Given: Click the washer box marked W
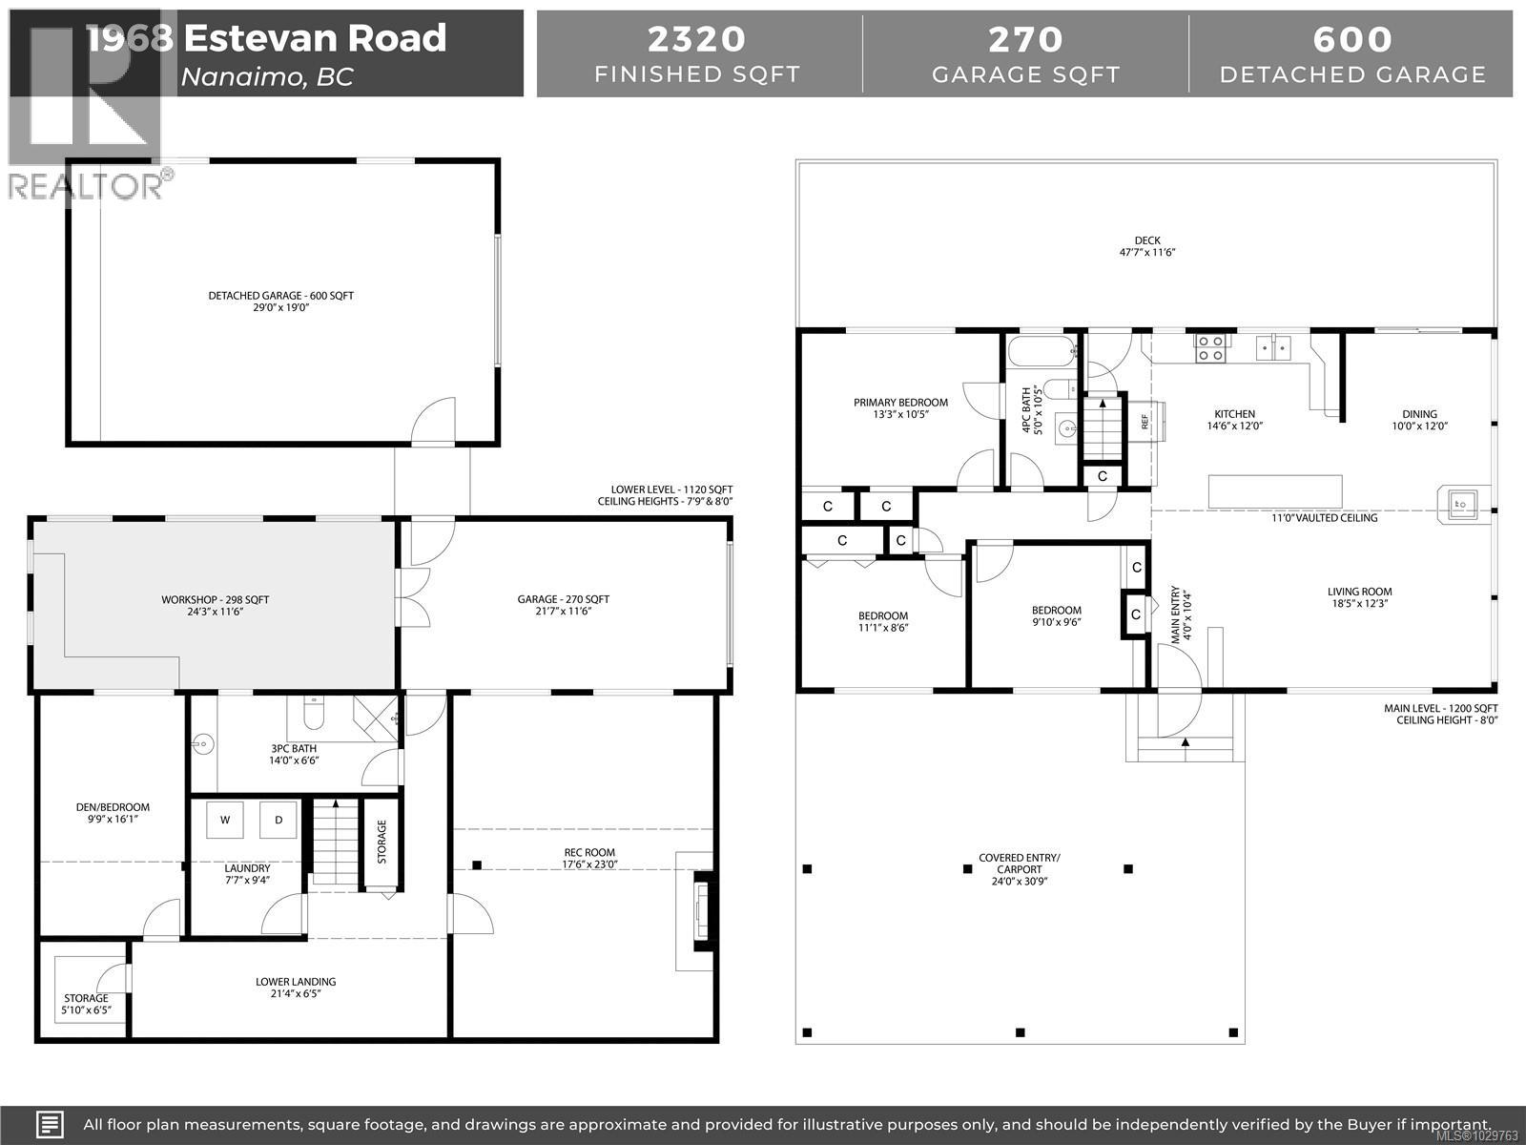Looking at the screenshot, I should point(225,820).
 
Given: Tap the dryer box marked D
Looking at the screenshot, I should point(278,820).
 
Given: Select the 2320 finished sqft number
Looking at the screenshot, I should point(697,39).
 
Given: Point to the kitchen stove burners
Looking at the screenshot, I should point(1211,347).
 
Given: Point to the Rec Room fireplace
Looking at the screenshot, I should point(703,911).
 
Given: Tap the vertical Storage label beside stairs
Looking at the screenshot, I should point(381,842).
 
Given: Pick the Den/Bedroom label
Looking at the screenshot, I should point(113,813).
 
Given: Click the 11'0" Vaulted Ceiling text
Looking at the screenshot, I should point(1325,518).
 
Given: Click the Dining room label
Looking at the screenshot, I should point(1419,420).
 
